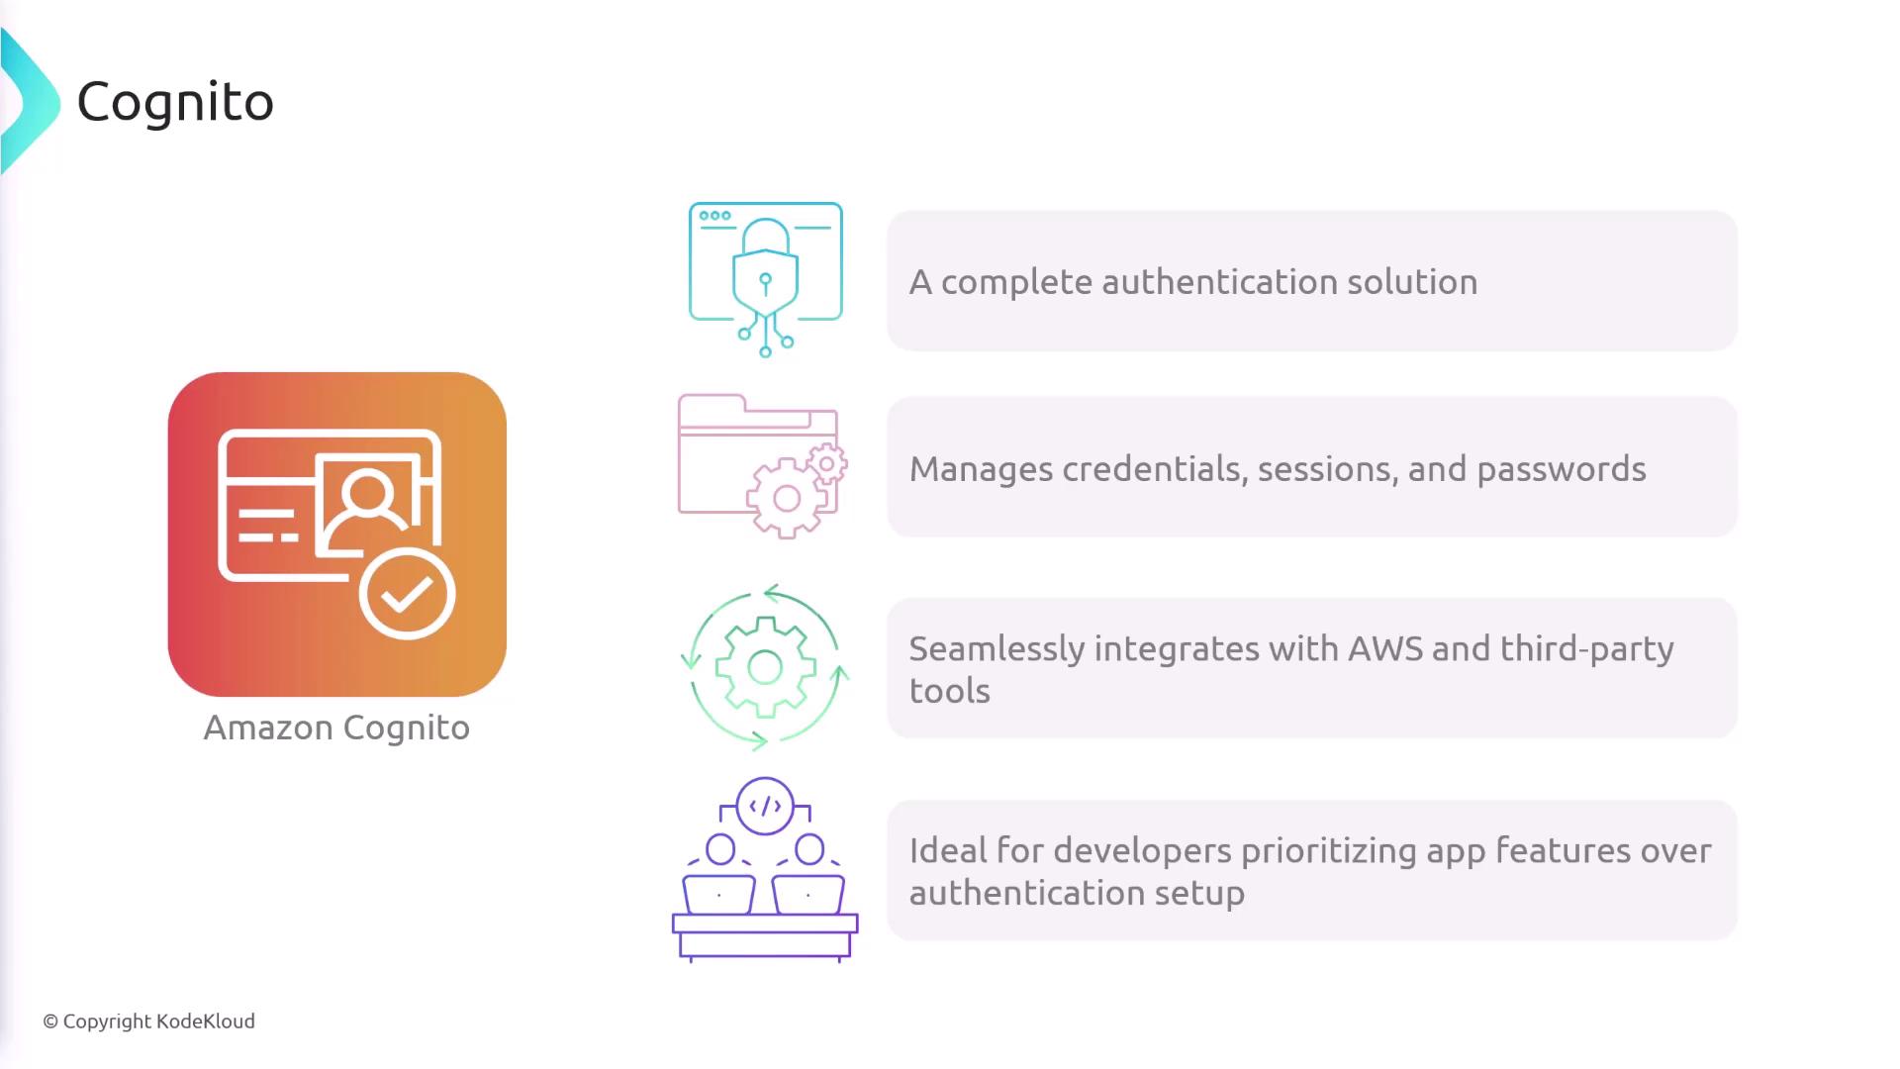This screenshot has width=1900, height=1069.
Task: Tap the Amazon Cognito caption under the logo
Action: click(336, 729)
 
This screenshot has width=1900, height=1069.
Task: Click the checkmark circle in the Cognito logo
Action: click(407, 594)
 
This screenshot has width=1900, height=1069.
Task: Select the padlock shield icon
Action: click(765, 279)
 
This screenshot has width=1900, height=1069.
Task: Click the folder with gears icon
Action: click(762, 466)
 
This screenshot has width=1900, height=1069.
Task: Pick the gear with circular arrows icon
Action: click(765, 667)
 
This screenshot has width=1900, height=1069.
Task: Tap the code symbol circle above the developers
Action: click(765, 806)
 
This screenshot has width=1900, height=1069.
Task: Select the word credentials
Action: click(1153, 469)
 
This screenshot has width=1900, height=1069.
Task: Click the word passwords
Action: click(1562, 469)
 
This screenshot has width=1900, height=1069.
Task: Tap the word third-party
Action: click(1587, 650)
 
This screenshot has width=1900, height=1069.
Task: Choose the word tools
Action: click(950, 691)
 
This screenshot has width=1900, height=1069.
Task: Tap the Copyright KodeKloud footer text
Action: click(148, 1021)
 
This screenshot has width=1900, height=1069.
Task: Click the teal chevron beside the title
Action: click(31, 102)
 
